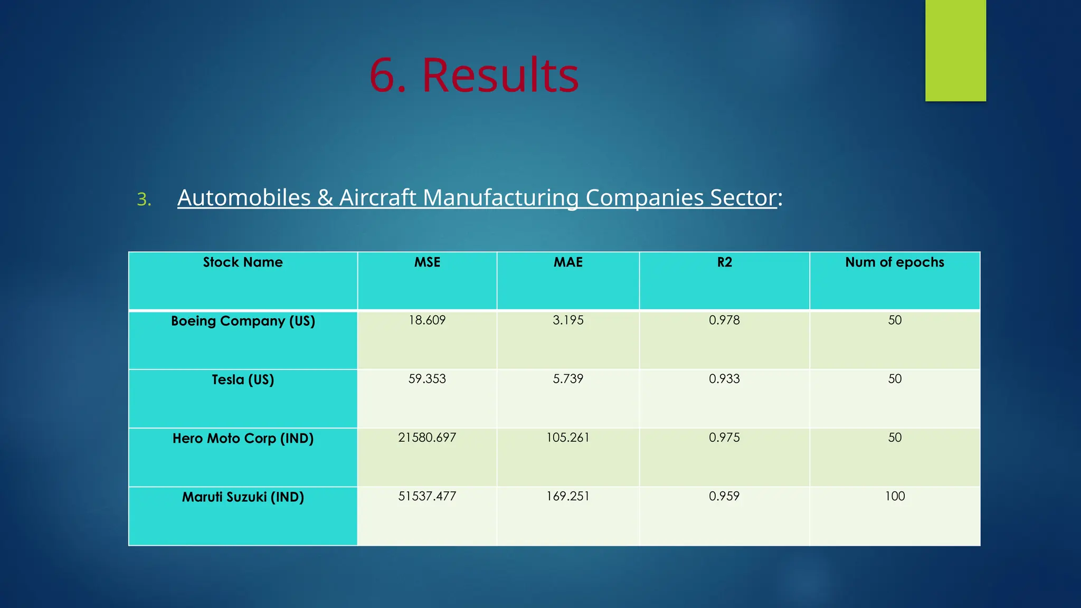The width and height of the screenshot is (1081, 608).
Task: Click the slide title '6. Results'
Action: tap(473, 75)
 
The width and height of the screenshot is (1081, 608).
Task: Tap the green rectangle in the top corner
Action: tap(955, 50)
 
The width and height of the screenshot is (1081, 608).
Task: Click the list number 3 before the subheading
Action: tap(144, 199)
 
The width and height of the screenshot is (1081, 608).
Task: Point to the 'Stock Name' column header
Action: tap(243, 262)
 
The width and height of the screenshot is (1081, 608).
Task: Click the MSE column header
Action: tap(427, 262)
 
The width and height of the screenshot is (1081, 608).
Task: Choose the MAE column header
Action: tap(568, 262)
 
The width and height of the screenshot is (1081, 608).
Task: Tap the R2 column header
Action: tap(724, 262)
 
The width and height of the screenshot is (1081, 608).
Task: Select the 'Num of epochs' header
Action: tap(894, 262)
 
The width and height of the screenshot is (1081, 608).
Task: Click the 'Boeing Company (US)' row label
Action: tap(243, 321)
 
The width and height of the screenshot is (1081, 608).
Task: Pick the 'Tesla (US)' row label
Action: tap(243, 379)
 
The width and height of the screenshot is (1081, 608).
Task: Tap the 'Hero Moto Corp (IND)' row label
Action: tap(243, 438)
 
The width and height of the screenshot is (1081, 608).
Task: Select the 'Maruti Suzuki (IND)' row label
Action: tap(243, 497)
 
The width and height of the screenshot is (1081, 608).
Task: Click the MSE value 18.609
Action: tap(427, 320)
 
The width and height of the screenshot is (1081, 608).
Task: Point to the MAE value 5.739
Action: tap(568, 379)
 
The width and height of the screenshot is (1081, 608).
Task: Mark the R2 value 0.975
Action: tap(724, 438)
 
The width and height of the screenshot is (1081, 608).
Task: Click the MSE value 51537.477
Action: tap(427, 496)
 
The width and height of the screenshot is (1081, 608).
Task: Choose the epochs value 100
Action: tap(895, 496)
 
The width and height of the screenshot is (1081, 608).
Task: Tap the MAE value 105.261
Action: tap(568, 438)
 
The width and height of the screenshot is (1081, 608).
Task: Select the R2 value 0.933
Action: tap(724, 379)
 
